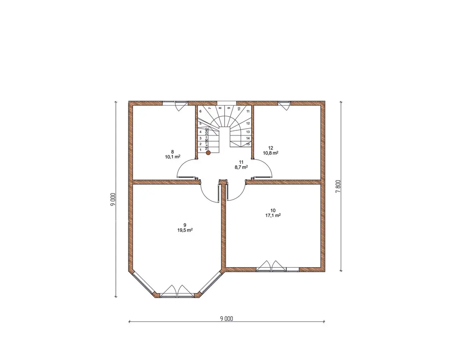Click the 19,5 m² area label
click(185, 230)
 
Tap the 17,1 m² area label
click(273, 216)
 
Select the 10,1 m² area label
click(173, 157)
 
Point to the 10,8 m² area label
click(271, 153)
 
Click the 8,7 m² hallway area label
click(241, 167)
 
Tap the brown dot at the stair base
click(208, 153)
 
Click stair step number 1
click(201, 150)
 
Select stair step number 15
click(248, 144)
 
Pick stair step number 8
click(220, 108)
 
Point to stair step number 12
click(248, 123)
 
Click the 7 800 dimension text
click(338, 186)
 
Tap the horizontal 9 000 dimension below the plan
click(226, 319)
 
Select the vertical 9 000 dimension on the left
click(113, 199)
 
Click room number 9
click(185, 225)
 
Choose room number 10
click(273, 210)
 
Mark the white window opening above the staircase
click(226, 103)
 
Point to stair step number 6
click(201, 111)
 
